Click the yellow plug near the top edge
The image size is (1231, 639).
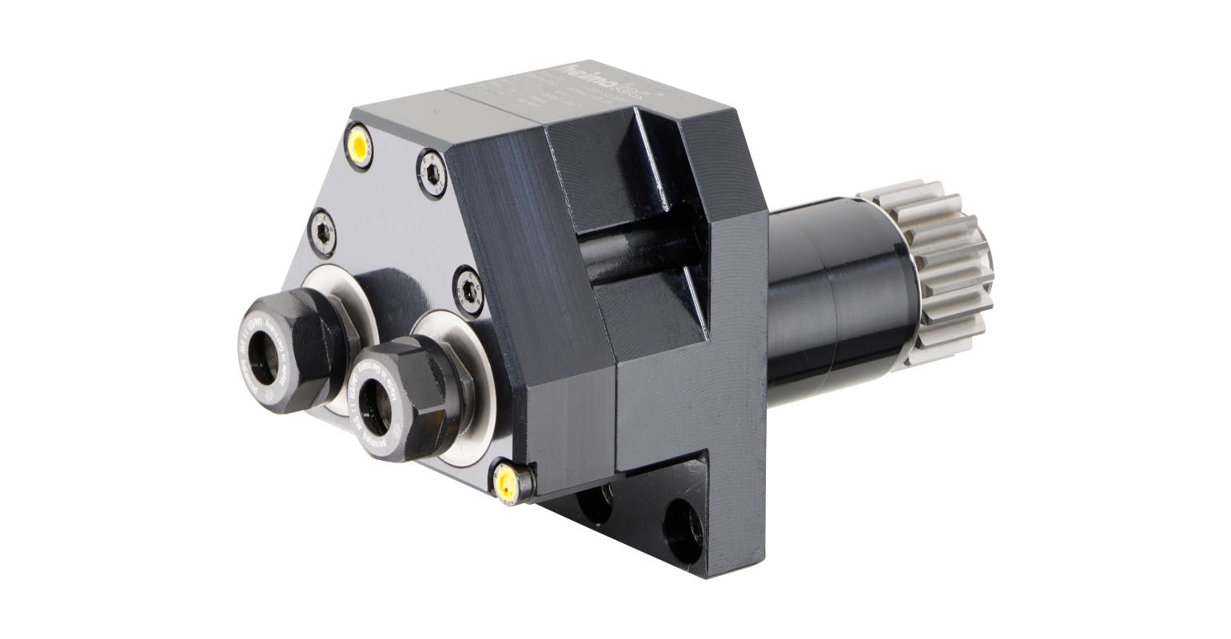pos(359,146)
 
